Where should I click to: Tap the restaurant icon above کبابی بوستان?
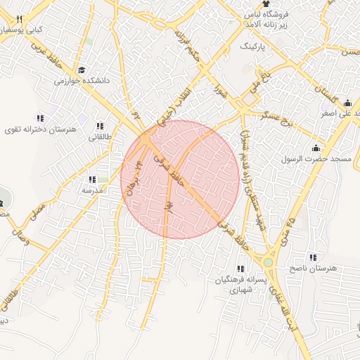click(x=19, y=19)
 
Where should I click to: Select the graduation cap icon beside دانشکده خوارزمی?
click(x=82, y=70)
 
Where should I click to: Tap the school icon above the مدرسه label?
click(x=92, y=179)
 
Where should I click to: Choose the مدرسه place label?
click(x=93, y=190)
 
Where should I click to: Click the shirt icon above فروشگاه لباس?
click(x=266, y=4)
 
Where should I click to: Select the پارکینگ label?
click(x=255, y=46)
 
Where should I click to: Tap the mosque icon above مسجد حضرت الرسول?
click(x=315, y=148)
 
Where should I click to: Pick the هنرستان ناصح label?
click(x=313, y=269)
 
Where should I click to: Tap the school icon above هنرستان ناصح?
click(x=313, y=257)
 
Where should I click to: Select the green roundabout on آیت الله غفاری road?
click(x=268, y=262)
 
